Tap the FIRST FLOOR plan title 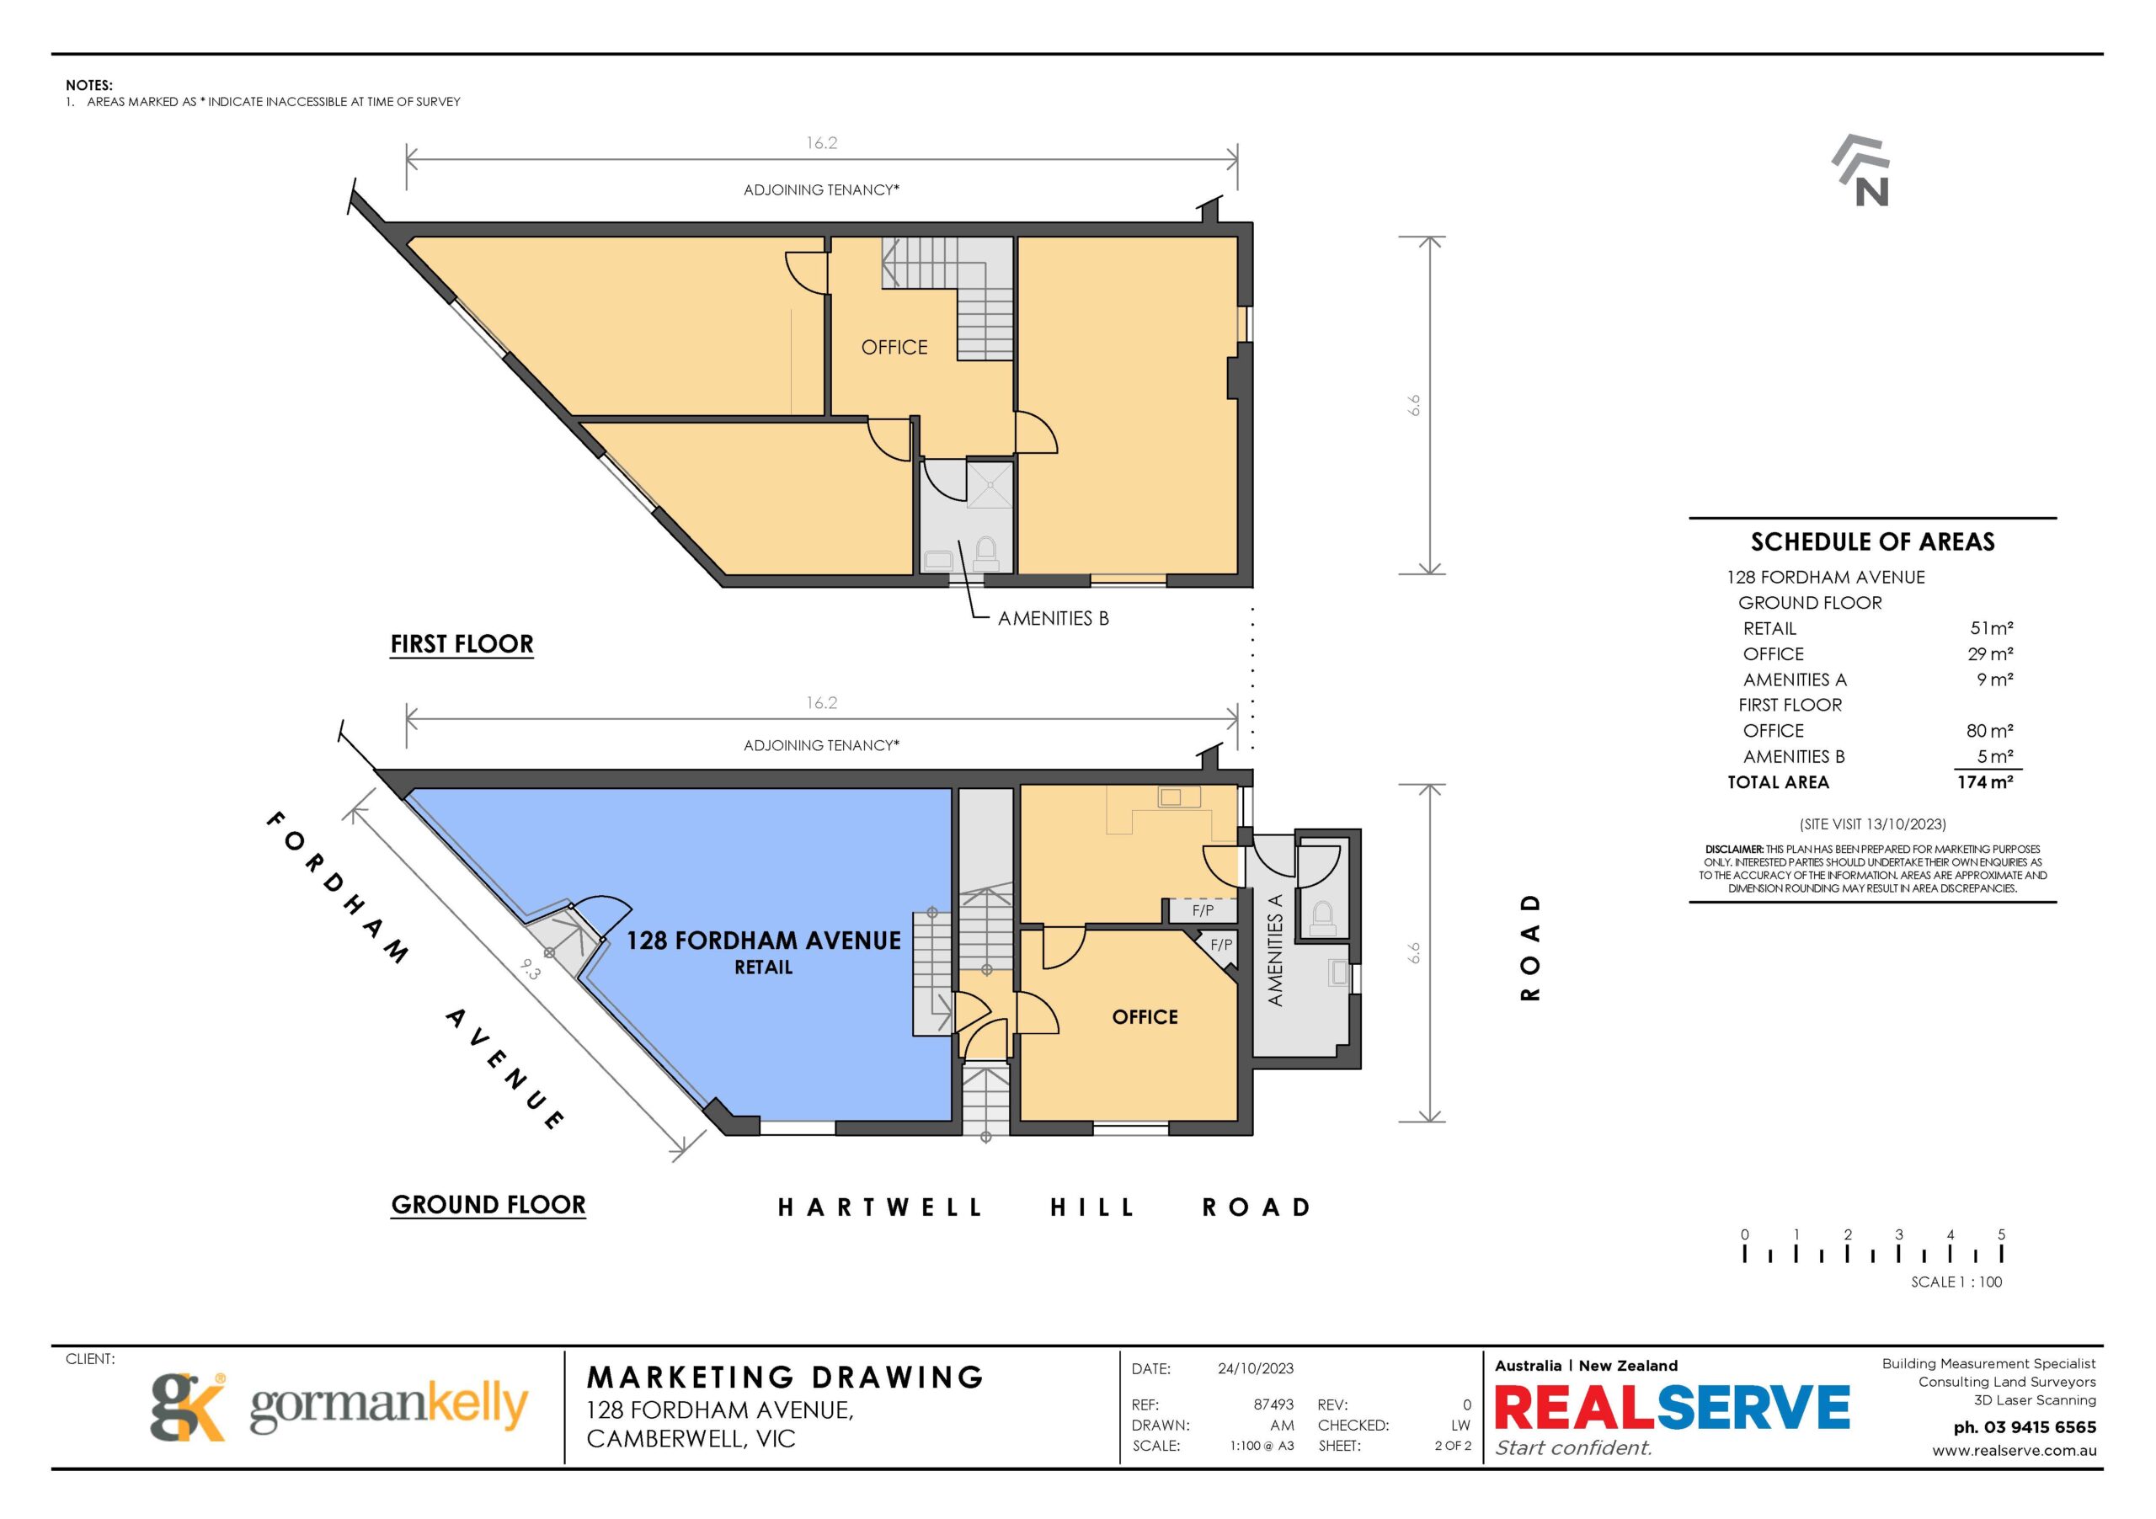[462, 644]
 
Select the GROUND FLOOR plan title [488, 1204]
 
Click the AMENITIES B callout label [1054, 619]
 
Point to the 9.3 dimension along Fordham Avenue [531, 968]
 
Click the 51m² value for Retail [1991, 628]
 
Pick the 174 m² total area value [1985, 782]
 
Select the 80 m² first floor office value [1990, 730]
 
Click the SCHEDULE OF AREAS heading [1872, 541]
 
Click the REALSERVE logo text [1672, 1407]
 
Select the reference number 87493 [1273, 1404]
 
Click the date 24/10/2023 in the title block [1256, 1369]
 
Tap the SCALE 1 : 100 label [1956, 1282]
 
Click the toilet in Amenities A [1322, 918]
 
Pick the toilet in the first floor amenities [985, 554]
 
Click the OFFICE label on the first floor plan [894, 348]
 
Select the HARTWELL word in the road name [880, 1207]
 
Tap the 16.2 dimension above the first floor [822, 142]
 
